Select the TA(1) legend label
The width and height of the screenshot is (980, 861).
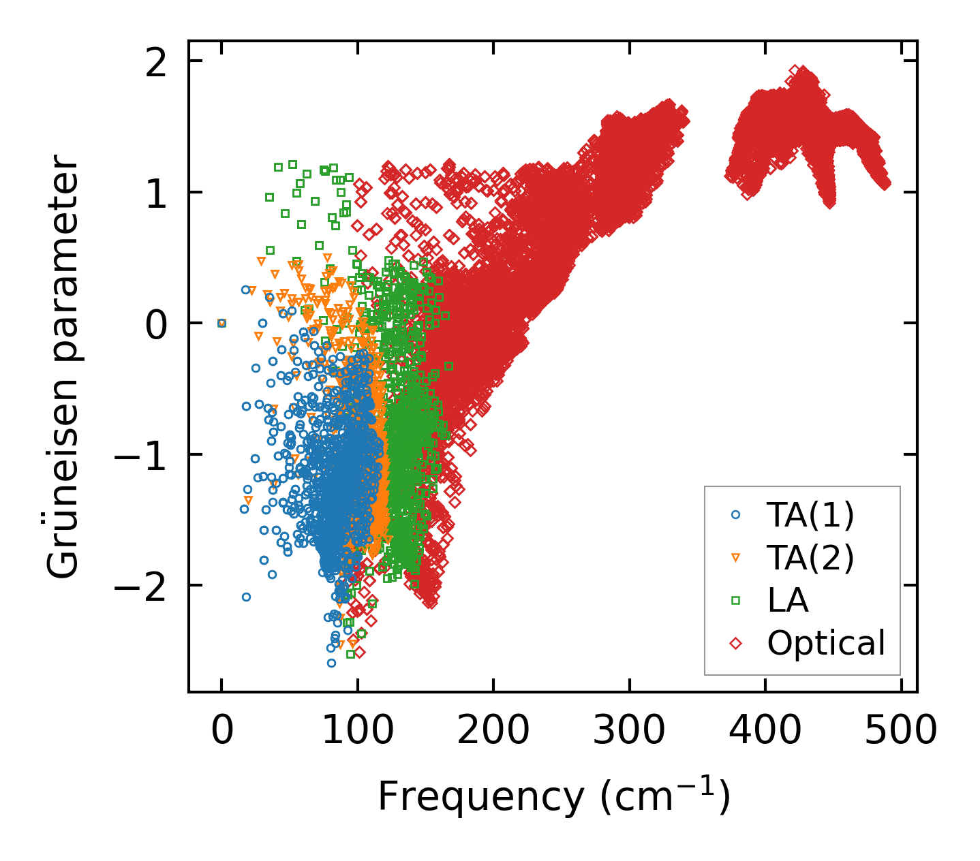click(x=810, y=516)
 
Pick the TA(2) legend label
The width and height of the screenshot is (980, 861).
click(x=810, y=558)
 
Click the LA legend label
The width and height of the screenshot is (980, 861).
click(x=788, y=600)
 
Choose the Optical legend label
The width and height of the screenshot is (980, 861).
click(x=826, y=642)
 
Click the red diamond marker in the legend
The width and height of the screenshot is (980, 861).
click(x=735, y=642)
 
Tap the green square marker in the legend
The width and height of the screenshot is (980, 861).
click(x=735, y=600)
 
